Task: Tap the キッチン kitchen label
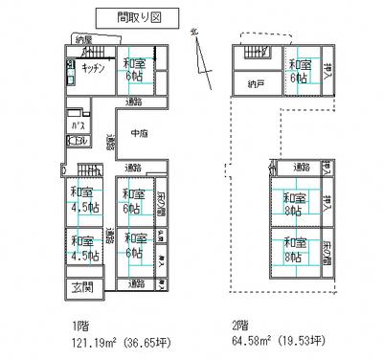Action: click(93, 70)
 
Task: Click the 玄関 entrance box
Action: click(80, 286)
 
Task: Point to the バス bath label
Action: click(75, 124)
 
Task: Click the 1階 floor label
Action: click(75, 323)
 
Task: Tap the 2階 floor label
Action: click(243, 323)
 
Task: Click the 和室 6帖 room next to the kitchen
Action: click(135, 69)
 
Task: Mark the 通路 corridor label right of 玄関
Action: click(135, 284)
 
